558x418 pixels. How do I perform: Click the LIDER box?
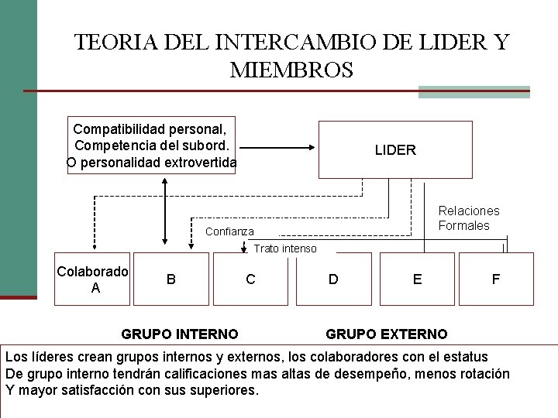point(395,150)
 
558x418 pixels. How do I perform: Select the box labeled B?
point(170,279)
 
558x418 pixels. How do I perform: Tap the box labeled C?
point(250,279)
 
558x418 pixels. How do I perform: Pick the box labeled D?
point(333,279)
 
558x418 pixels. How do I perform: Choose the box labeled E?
point(417,279)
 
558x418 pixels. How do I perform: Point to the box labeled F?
point(496,279)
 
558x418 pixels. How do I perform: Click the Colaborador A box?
point(92,279)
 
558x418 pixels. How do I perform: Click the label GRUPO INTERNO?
point(180,334)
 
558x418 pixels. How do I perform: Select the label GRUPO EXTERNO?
point(386,334)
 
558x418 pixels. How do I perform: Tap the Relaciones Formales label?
point(469,218)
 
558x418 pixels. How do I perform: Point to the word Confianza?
point(229,231)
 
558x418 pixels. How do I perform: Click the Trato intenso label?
point(285,248)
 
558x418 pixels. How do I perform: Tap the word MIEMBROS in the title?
point(291,70)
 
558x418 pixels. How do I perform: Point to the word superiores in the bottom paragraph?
point(225,390)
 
